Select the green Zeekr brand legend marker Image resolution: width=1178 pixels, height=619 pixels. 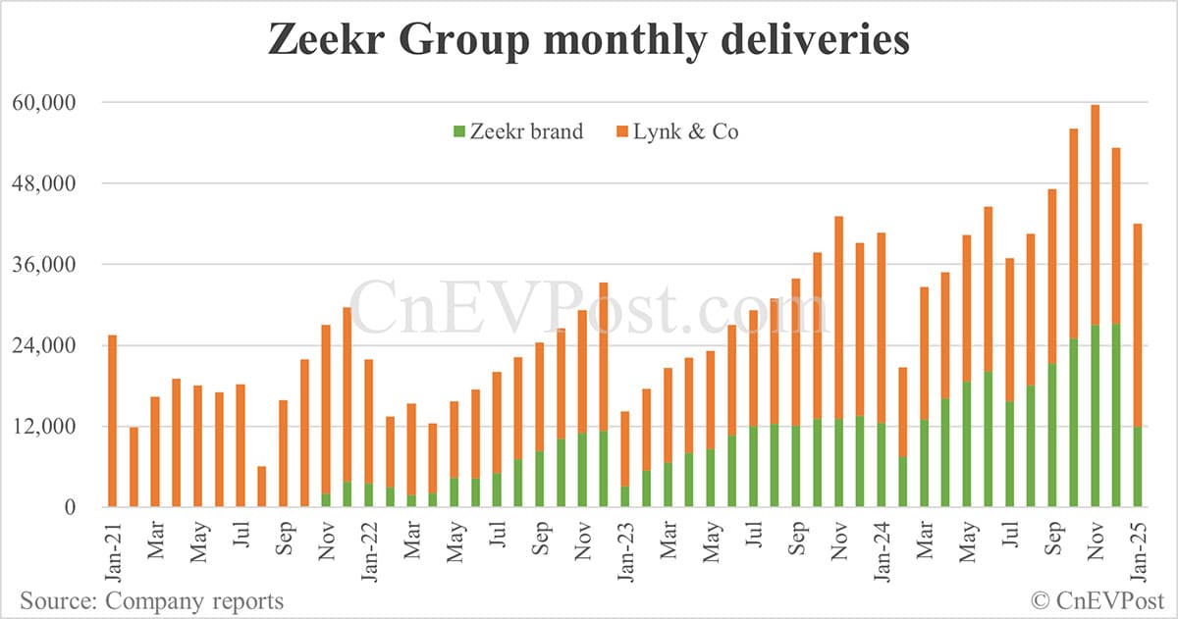point(457,130)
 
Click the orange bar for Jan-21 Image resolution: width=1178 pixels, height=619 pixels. point(112,421)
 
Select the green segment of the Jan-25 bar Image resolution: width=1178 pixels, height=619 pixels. point(1138,467)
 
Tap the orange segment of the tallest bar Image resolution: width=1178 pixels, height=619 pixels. point(1095,215)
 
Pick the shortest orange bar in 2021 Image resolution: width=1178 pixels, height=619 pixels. point(262,487)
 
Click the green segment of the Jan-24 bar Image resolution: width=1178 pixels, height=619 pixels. point(902,482)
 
